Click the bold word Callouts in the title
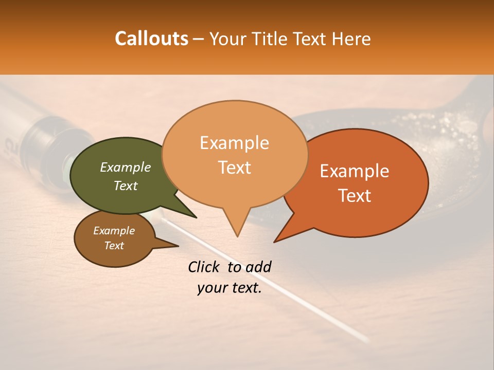151,39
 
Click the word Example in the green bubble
126,167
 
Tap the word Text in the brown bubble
114,246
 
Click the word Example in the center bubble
234,143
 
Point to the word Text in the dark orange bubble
355,196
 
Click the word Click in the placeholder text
204,267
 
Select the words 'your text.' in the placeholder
230,288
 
